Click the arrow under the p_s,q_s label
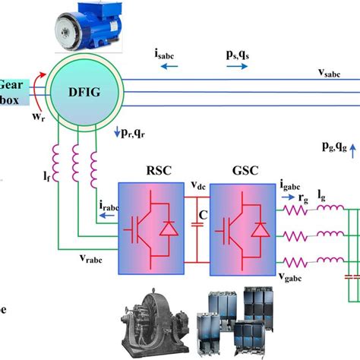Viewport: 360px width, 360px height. click(x=236, y=67)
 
